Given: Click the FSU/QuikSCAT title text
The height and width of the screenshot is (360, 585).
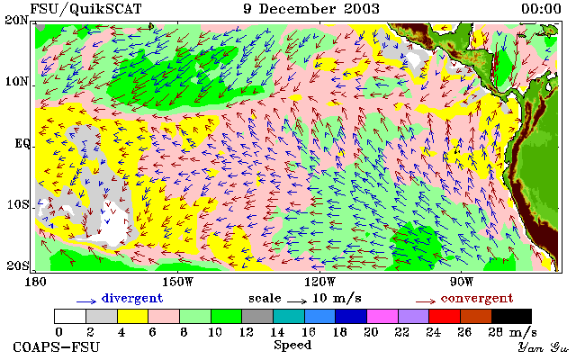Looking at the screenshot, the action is tap(85, 9).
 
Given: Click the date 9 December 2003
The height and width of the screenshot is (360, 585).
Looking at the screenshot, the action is tap(311, 9).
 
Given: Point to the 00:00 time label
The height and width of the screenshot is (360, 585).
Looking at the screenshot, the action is tap(541, 9).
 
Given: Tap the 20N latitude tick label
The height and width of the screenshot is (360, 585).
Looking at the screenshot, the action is tap(16, 20).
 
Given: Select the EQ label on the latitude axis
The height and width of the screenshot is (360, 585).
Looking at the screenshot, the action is tap(22, 143).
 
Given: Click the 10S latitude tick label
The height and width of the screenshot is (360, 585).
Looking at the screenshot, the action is tap(18, 204).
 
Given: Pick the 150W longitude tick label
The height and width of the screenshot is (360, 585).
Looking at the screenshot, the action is tap(178, 282).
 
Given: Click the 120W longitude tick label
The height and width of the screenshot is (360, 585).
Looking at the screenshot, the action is tap(319, 282).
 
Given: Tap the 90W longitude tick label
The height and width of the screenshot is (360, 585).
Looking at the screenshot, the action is tap(462, 282).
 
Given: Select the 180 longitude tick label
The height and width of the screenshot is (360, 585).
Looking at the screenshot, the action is tap(35, 282).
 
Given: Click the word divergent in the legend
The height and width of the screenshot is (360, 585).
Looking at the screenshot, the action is tap(132, 299).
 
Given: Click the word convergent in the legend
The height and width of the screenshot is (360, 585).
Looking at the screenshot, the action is tap(477, 299).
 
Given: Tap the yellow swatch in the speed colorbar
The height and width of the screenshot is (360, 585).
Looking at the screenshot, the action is tap(133, 317).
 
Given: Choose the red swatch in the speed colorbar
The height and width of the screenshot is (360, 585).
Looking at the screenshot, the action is tap(445, 317).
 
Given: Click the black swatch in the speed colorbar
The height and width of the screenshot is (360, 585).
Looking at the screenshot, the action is tap(511, 317).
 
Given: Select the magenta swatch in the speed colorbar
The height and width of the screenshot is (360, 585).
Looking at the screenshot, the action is tap(382, 317).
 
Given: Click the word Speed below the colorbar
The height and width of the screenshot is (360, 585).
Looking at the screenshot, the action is tap(292, 345).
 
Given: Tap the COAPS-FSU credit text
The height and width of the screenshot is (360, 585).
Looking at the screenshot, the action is tap(57, 347).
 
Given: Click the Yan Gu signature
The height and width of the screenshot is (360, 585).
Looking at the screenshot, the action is tap(544, 347).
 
